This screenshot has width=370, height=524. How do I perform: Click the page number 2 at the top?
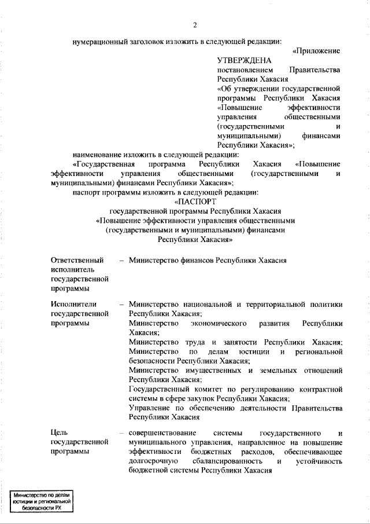[195, 24]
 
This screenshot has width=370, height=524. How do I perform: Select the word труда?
[196, 342]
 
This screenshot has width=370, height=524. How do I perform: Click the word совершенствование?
[162, 433]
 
